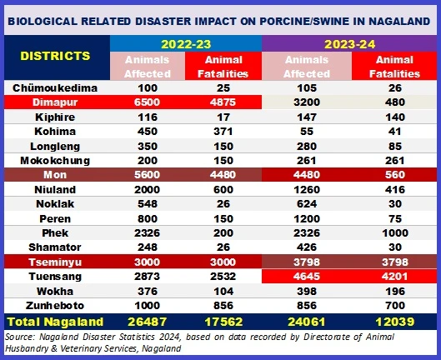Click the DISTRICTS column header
(x=55, y=56)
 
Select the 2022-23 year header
(x=186, y=44)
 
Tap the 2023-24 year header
(x=349, y=44)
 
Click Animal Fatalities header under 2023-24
(x=394, y=67)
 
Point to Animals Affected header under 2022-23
(x=148, y=67)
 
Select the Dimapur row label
(x=55, y=102)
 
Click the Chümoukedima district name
(x=55, y=88)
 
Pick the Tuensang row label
(x=55, y=277)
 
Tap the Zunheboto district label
(x=55, y=306)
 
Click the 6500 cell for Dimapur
(x=147, y=102)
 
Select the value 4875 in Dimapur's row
(x=223, y=102)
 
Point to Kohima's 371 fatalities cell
(x=223, y=132)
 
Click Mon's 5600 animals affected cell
(x=147, y=175)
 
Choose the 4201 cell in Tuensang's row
(x=395, y=277)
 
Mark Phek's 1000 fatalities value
(x=395, y=232)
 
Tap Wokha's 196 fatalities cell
(x=395, y=292)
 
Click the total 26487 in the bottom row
(x=147, y=322)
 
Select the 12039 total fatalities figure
(x=395, y=322)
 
